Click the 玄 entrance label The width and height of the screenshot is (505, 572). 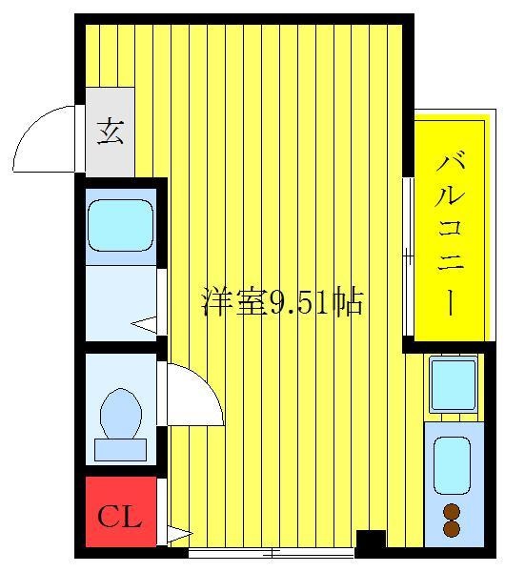[x=111, y=133]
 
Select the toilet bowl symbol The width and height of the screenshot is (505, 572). [x=121, y=412]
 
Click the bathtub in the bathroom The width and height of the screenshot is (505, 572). [x=120, y=226]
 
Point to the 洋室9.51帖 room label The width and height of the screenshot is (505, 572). [x=282, y=302]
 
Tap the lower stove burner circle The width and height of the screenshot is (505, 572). [x=452, y=528]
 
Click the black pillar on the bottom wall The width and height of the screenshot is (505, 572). [x=371, y=541]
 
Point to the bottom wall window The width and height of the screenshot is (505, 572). [x=272, y=552]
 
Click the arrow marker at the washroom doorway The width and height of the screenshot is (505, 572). [x=144, y=324]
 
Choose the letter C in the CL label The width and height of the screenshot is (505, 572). [x=108, y=517]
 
